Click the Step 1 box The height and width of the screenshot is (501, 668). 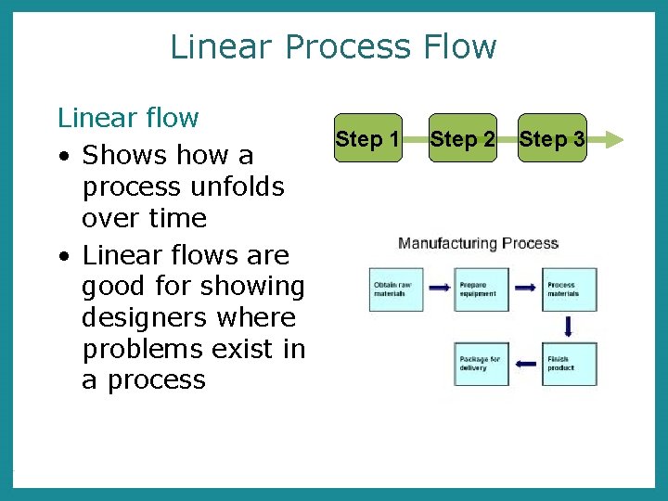point(367,139)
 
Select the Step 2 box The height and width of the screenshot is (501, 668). point(461,139)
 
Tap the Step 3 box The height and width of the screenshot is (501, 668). point(552,139)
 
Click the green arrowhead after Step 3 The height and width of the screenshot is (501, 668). point(598,139)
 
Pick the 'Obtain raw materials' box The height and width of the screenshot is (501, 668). point(396,289)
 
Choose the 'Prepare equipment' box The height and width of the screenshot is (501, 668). point(482,289)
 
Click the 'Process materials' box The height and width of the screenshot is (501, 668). point(570,289)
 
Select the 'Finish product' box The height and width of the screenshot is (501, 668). point(570,364)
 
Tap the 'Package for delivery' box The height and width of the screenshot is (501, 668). point(482,364)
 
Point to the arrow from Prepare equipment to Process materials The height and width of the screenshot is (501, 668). point(526,289)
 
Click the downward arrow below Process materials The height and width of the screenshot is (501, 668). point(569,327)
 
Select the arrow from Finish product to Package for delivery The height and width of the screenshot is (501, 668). point(526,363)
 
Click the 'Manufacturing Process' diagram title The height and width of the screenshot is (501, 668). point(478,244)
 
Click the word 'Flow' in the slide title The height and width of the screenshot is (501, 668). point(457,46)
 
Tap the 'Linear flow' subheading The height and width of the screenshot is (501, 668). point(128,118)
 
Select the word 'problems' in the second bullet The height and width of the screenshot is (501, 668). point(142,349)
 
